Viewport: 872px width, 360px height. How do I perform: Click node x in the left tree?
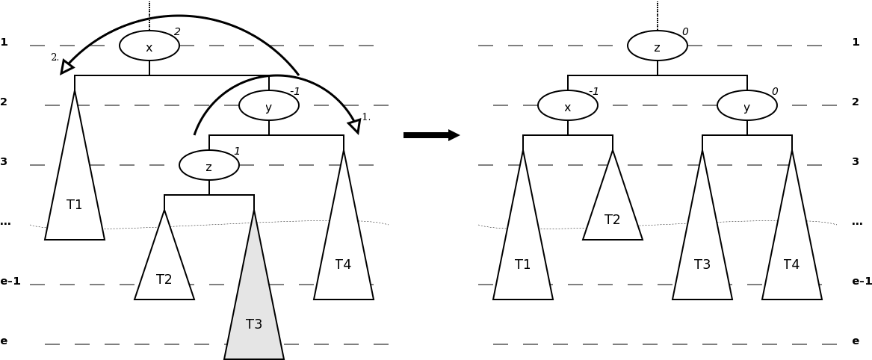pos(149,46)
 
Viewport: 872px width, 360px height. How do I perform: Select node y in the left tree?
pos(269,105)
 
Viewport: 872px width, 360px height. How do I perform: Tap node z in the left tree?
pos(209,165)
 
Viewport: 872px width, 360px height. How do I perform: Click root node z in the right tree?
pos(658,46)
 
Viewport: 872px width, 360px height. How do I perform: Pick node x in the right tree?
pos(568,105)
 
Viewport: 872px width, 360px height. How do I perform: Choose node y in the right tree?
pos(747,105)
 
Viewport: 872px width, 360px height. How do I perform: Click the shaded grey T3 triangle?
pos(254,314)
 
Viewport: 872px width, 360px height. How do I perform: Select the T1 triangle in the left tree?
pos(75,194)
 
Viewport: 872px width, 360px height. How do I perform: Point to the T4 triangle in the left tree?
pos(344,254)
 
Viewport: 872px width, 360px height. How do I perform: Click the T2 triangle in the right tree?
pos(613,213)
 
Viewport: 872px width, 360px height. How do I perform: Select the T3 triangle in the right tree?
pos(702,254)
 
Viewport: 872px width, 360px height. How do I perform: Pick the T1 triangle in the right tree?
pos(523,254)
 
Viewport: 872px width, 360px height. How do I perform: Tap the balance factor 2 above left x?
pos(177,32)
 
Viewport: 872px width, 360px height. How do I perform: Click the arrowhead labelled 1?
pos(355,125)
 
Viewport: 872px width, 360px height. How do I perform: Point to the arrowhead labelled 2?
pos(67,67)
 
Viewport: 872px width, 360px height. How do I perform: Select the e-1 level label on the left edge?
pos(10,282)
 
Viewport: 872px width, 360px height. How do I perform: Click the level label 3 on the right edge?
pos(856,162)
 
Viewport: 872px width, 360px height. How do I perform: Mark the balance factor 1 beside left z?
pos(237,152)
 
